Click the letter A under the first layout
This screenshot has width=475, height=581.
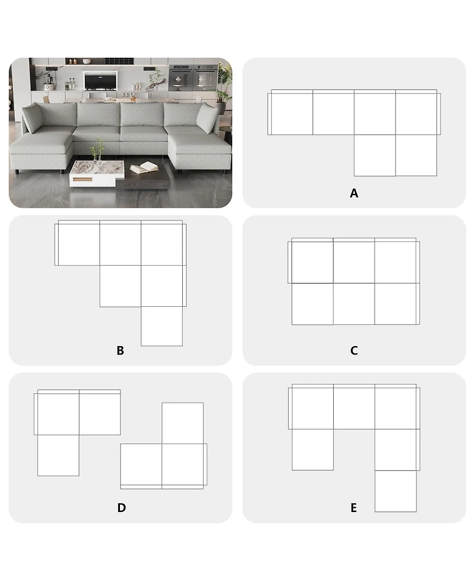coord(354,193)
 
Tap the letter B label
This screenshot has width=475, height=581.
coord(120,350)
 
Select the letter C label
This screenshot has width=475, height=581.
coord(354,350)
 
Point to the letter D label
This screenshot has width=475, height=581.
coord(121,508)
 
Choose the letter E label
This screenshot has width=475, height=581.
coord(354,508)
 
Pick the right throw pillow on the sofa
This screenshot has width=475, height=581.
coord(207,118)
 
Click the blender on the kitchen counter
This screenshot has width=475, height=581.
coord(48,82)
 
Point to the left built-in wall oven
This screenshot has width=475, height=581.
coord(180,78)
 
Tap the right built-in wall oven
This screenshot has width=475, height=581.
coord(205,78)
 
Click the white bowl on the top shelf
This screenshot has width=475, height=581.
coord(87,61)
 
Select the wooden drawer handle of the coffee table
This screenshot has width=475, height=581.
coord(83,180)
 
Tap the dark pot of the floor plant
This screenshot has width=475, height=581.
coord(221,108)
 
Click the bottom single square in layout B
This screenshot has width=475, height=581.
coord(161,326)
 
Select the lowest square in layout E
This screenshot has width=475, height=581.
coord(395,491)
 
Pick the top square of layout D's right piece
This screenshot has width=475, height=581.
coord(182,423)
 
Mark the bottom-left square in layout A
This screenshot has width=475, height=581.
coord(375,155)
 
